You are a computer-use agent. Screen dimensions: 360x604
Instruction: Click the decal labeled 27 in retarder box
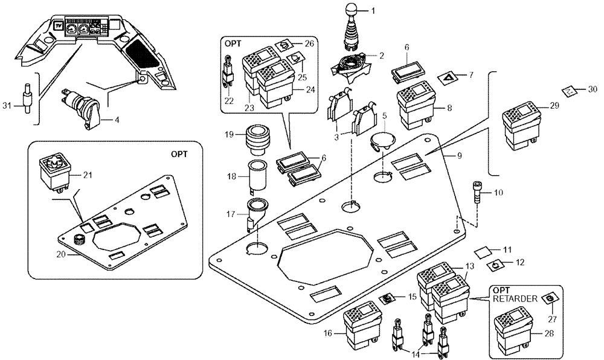coord(548,299)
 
